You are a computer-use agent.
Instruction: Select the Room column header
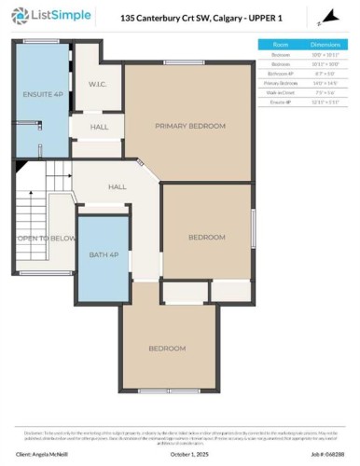click(281, 44)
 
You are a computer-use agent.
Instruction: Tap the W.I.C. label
click(99, 84)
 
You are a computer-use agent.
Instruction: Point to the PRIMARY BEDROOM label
click(191, 125)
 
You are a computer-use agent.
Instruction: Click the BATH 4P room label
click(102, 255)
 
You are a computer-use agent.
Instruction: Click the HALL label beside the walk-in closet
click(99, 128)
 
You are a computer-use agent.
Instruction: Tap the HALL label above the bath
click(118, 186)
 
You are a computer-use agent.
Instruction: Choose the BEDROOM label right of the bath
click(207, 237)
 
